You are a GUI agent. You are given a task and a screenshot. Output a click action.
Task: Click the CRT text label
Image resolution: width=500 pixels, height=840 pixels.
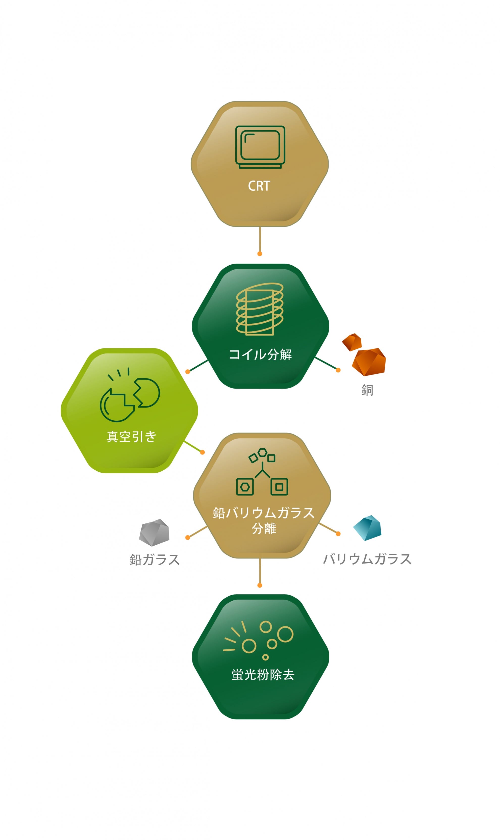coord(259,186)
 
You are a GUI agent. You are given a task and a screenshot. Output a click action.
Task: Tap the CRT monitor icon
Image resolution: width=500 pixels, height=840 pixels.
coord(260,147)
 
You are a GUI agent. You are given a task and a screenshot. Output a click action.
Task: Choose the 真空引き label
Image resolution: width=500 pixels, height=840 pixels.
coord(131,437)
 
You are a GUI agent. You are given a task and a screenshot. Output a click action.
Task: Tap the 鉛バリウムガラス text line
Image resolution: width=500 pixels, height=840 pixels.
coord(263,513)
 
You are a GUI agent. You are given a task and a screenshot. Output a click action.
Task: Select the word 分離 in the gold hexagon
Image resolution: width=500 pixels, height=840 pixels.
coord(264,528)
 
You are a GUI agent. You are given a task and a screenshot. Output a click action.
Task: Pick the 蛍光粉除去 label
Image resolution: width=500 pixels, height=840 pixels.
coord(263,675)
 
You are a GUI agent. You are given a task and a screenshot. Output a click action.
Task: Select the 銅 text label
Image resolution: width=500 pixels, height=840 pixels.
coord(367,390)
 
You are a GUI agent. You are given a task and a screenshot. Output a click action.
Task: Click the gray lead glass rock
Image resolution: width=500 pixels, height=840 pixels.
coord(154,532)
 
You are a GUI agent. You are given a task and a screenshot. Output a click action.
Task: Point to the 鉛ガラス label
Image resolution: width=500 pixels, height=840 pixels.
coord(155,559)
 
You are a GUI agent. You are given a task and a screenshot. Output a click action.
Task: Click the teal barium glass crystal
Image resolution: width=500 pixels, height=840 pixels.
coord(368,528)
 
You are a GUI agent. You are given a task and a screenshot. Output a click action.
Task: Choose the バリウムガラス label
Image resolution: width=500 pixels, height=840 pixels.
coord(367,559)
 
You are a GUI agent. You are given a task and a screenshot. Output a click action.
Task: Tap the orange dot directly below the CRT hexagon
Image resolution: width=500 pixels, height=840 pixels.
coord(259,254)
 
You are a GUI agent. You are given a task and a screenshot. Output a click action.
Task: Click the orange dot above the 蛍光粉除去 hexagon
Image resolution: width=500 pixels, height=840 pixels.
coord(259,585)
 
